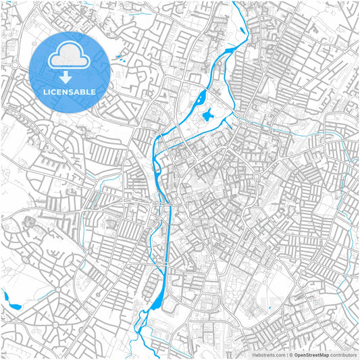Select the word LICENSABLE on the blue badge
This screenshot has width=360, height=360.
coord(70,91)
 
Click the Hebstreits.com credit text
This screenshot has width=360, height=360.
coord(269,355)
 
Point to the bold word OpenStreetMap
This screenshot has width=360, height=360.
coord(311,355)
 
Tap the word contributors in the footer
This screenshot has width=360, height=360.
coord(343,355)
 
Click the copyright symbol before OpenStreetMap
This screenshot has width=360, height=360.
coord(290,355)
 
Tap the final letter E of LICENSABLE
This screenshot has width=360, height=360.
coord(94,91)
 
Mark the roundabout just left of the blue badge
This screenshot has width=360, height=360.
coord(14,65)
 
